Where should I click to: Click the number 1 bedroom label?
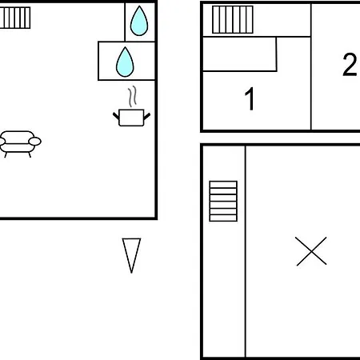tap(250, 98)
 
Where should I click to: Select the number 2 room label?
tap(350, 65)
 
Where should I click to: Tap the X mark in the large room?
tap(311, 251)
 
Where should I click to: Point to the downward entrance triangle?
tap(131, 255)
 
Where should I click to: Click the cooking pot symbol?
tap(131, 118)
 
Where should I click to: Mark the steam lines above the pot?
tap(132, 97)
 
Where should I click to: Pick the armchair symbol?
tap(19, 143)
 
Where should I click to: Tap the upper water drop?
tap(139, 21)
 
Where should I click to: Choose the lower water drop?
tap(125, 62)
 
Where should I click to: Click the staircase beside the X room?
tap(223, 201)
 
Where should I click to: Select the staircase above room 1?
tap(233, 20)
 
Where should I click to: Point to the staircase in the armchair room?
tap(15, 18)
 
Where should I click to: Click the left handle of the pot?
tap(116, 116)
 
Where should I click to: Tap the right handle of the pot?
tap(147, 116)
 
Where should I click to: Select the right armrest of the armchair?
tap(34, 141)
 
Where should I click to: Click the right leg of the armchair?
tap(30, 154)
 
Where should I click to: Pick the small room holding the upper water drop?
tap(140, 22)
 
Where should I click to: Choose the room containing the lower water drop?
tap(126, 61)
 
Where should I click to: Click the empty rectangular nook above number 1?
tap(239, 54)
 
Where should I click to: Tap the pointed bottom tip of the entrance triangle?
tap(131, 273)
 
